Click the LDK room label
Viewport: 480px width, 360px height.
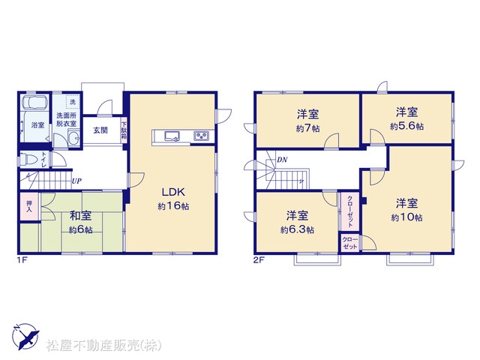173,192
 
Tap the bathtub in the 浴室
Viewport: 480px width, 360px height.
35,102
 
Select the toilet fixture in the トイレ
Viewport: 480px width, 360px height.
29,160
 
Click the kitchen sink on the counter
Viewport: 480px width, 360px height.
173,136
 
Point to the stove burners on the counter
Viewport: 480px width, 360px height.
201,136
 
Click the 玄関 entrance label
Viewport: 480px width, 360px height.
100,130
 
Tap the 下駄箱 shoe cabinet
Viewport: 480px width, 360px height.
124,130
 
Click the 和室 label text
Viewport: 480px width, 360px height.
80,216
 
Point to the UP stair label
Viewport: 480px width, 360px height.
76,181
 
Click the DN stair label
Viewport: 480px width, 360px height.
282,160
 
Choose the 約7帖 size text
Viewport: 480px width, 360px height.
308,128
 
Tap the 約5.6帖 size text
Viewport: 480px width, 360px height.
406,126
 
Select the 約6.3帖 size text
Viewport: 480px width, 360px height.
297,229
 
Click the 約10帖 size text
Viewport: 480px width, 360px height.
406,217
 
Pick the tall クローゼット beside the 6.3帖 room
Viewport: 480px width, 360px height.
349,211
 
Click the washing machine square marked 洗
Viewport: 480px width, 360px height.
73,102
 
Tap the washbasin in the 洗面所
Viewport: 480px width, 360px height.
73,138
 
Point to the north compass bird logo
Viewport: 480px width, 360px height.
25,336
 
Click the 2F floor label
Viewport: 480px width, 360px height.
258,260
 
